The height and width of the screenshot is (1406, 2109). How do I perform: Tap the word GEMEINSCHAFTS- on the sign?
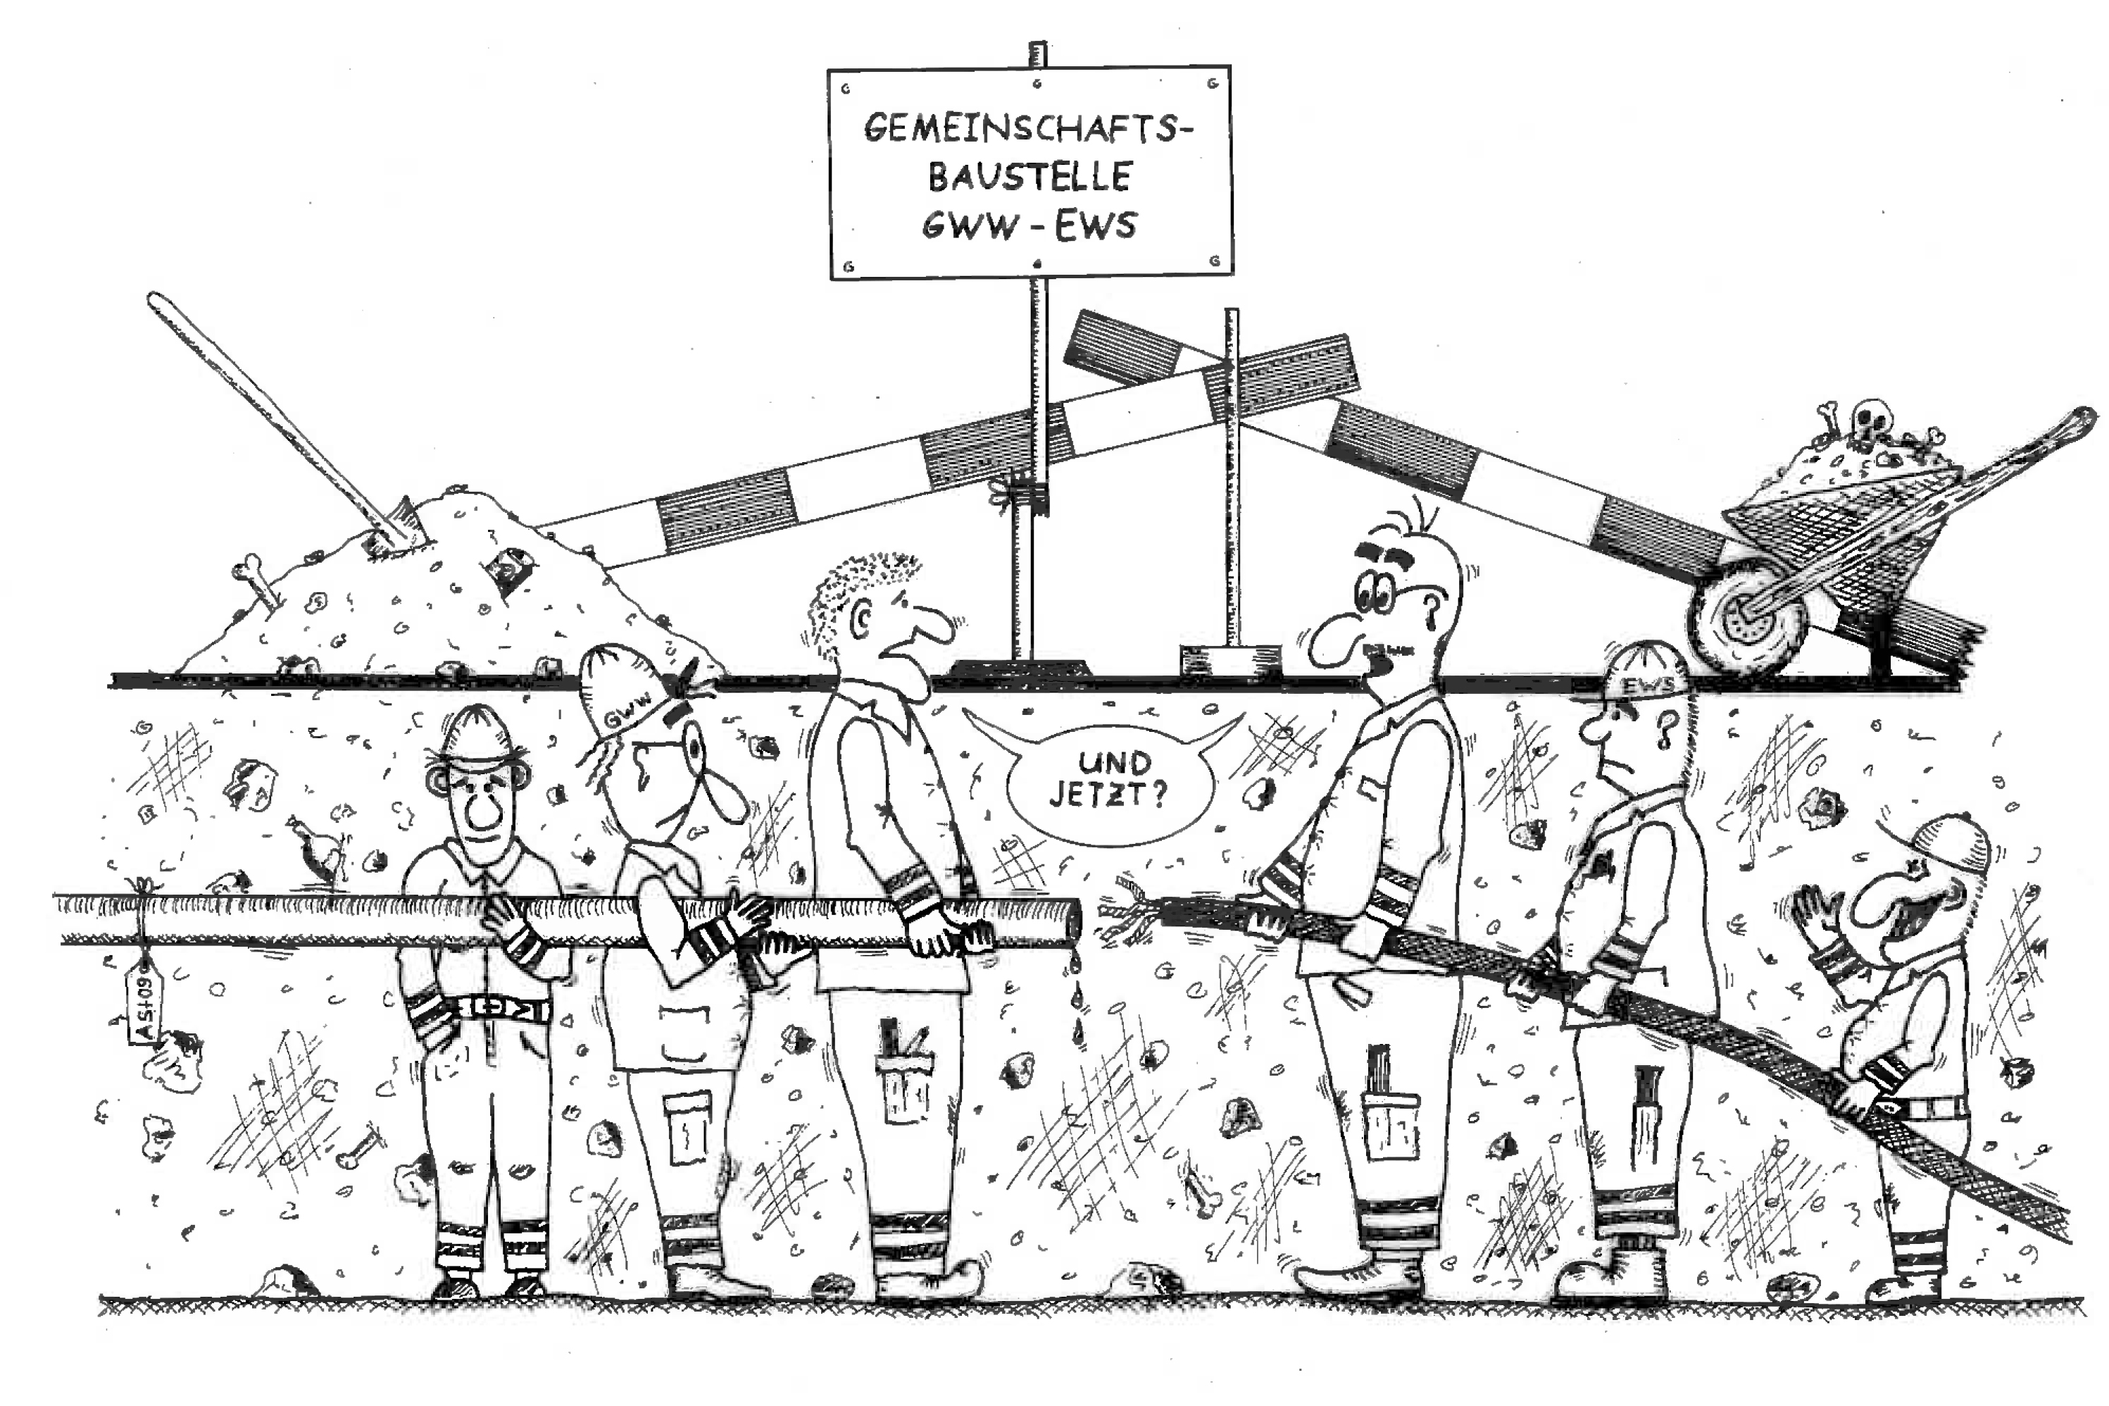[1028, 128]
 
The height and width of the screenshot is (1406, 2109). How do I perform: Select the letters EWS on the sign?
[1094, 226]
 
